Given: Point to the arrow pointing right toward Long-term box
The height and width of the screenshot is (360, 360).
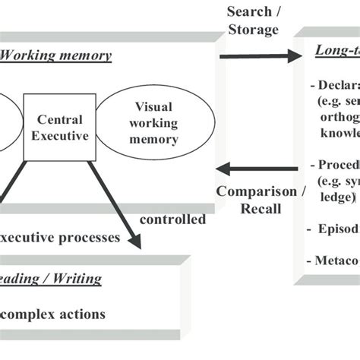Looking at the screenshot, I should (258, 56).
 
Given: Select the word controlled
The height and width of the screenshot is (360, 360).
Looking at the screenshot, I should (172, 219).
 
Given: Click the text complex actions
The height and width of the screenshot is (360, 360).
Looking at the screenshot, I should (52, 314).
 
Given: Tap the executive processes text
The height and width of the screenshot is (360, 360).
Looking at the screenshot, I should (60, 237).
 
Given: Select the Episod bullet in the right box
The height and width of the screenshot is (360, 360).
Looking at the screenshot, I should (334, 228).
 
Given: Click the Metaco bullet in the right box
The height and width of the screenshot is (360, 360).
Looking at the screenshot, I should (335, 261).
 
